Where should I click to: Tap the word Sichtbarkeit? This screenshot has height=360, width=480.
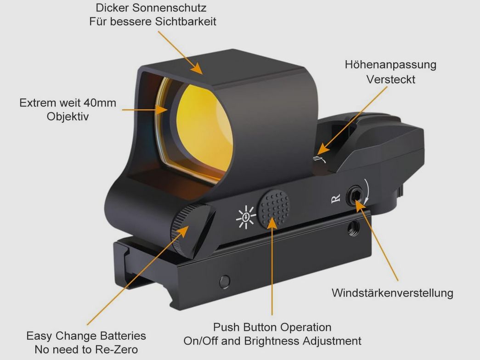186,22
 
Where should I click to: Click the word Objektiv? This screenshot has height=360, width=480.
68,117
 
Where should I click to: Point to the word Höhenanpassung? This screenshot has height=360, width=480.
390,65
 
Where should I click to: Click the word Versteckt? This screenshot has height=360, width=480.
391,79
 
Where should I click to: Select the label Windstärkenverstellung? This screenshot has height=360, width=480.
392,293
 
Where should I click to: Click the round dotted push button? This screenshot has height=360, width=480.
274,209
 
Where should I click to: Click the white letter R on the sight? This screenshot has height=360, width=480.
336,199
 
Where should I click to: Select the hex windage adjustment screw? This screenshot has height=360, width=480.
356,196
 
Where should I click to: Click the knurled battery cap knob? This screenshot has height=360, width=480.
192,230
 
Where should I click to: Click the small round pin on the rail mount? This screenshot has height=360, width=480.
225,282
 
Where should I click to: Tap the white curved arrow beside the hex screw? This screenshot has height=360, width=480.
367,191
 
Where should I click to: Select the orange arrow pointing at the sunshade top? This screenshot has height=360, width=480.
181,53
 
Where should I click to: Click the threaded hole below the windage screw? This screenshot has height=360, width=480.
354,227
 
